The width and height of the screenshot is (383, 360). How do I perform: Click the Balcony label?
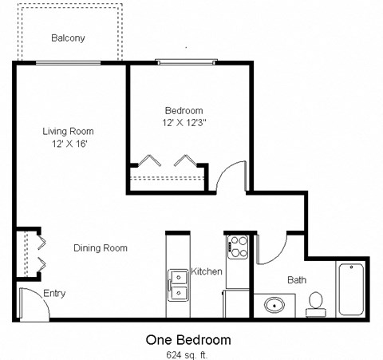click(68, 38)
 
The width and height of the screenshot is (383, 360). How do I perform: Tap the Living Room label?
click(68, 132)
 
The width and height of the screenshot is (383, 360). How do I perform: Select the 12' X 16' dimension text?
click(68, 144)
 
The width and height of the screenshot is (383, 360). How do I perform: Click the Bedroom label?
click(184, 111)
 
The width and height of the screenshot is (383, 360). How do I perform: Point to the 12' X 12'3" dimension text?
click(184, 123)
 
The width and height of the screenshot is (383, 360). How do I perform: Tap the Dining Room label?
click(101, 248)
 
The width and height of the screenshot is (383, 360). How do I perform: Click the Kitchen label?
click(206, 272)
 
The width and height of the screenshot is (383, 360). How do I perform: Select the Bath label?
click(297, 280)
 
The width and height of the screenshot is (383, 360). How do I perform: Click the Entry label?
click(54, 294)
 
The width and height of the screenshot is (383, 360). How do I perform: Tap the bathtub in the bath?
click(352, 288)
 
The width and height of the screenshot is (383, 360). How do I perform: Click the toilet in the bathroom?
click(315, 302)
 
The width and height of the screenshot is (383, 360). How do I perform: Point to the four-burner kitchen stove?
click(238, 247)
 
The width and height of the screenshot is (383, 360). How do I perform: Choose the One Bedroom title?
click(188, 339)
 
